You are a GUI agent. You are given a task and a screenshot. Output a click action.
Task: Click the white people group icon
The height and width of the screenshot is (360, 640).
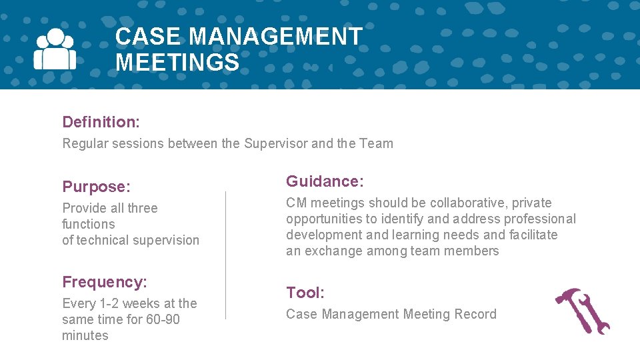click(x=55, y=49)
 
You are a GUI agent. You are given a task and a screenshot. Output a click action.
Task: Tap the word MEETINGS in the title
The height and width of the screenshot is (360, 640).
click(x=177, y=63)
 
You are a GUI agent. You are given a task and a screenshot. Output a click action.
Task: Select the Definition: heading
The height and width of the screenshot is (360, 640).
click(x=101, y=122)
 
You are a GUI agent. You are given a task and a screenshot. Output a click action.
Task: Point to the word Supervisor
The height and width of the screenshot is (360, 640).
click(x=276, y=143)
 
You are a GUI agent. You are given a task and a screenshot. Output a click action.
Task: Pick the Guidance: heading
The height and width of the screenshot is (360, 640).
click(x=325, y=181)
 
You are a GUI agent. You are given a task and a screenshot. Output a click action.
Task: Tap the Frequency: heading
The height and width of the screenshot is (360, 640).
click(x=105, y=282)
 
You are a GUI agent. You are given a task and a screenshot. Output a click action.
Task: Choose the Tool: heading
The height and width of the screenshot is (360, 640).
click(x=305, y=293)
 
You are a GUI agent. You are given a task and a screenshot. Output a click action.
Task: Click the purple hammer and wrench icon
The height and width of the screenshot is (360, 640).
click(x=583, y=311)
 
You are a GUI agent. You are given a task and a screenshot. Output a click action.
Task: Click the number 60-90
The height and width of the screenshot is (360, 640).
click(x=163, y=319)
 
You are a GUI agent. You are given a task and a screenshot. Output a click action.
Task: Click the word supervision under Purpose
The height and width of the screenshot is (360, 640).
click(x=166, y=240)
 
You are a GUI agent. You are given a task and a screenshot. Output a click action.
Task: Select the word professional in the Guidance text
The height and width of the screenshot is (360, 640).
click(x=540, y=219)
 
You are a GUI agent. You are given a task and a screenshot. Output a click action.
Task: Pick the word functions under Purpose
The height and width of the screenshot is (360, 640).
click(x=89, y=224)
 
